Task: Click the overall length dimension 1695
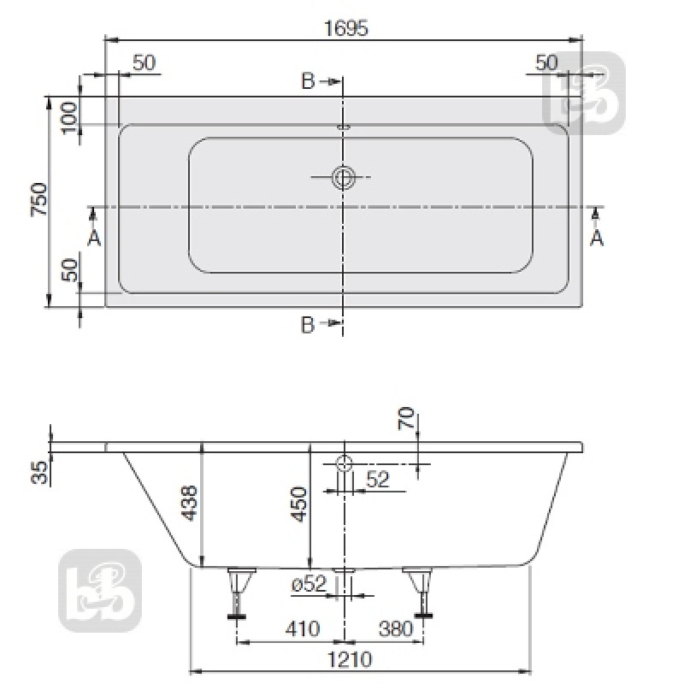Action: (x=345, y=27)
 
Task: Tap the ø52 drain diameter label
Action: (x=309, y=585)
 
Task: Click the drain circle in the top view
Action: (x=344, y=178)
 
